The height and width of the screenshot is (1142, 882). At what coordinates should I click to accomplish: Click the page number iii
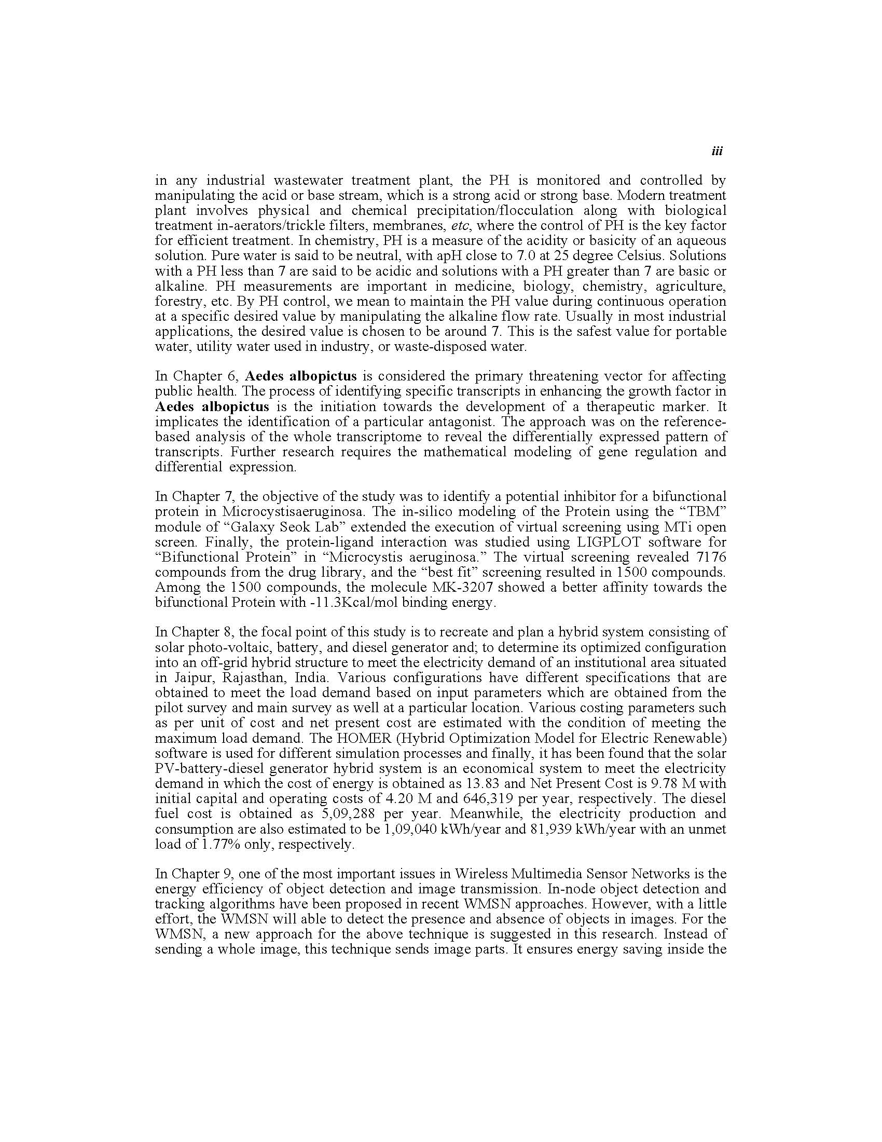pyautogui.click(x=717, y=152)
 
